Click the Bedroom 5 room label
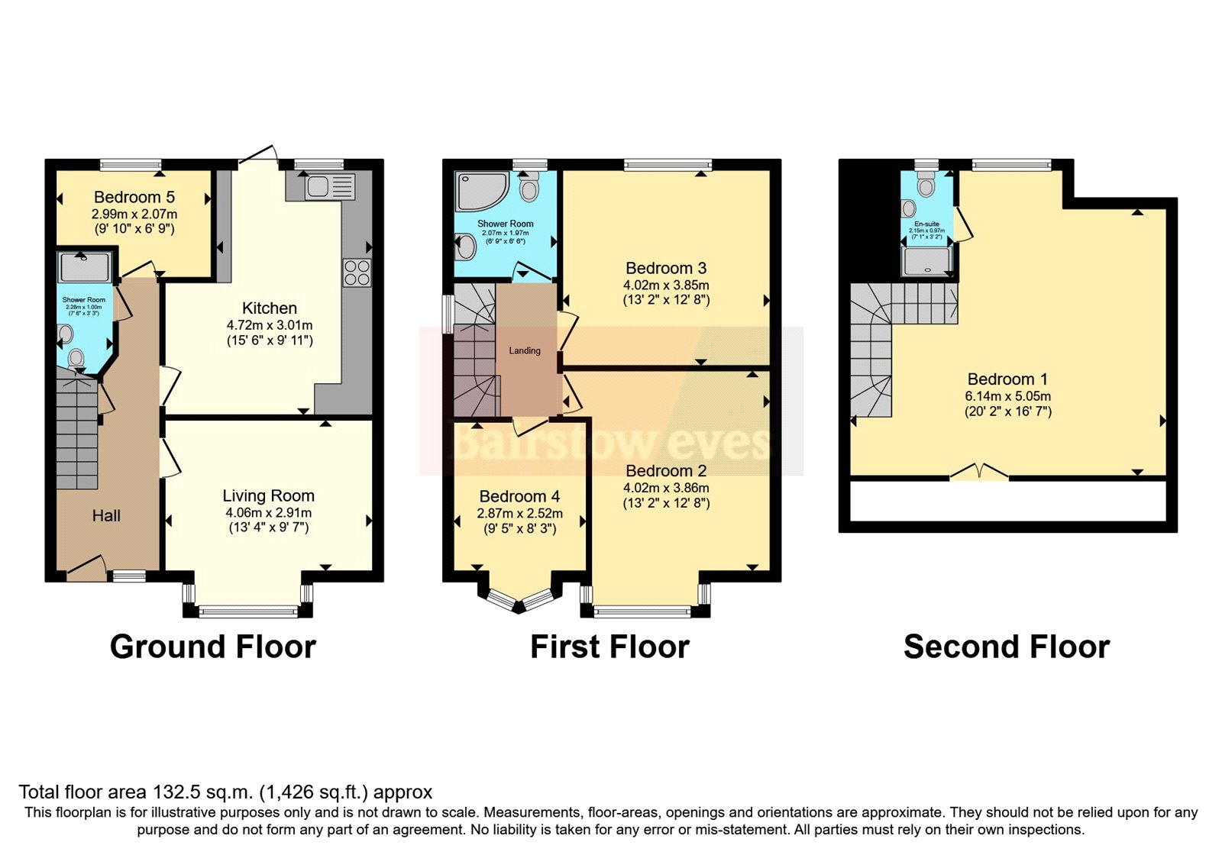(134, 197)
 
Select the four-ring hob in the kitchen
(357, 273)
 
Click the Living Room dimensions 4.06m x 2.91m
(268, 513)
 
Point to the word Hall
(106, 516)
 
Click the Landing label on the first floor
(525, 350)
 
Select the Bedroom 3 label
(666, 268)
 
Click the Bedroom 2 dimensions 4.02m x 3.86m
(666, 488)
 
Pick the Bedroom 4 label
(519, 496)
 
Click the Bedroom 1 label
(1007, 379)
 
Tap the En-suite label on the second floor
(926, 224)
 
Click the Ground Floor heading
(213, 647)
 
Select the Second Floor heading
(1006, 647)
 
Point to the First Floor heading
(609, 647)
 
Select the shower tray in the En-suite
(926, 261)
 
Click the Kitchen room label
(269, 308)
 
